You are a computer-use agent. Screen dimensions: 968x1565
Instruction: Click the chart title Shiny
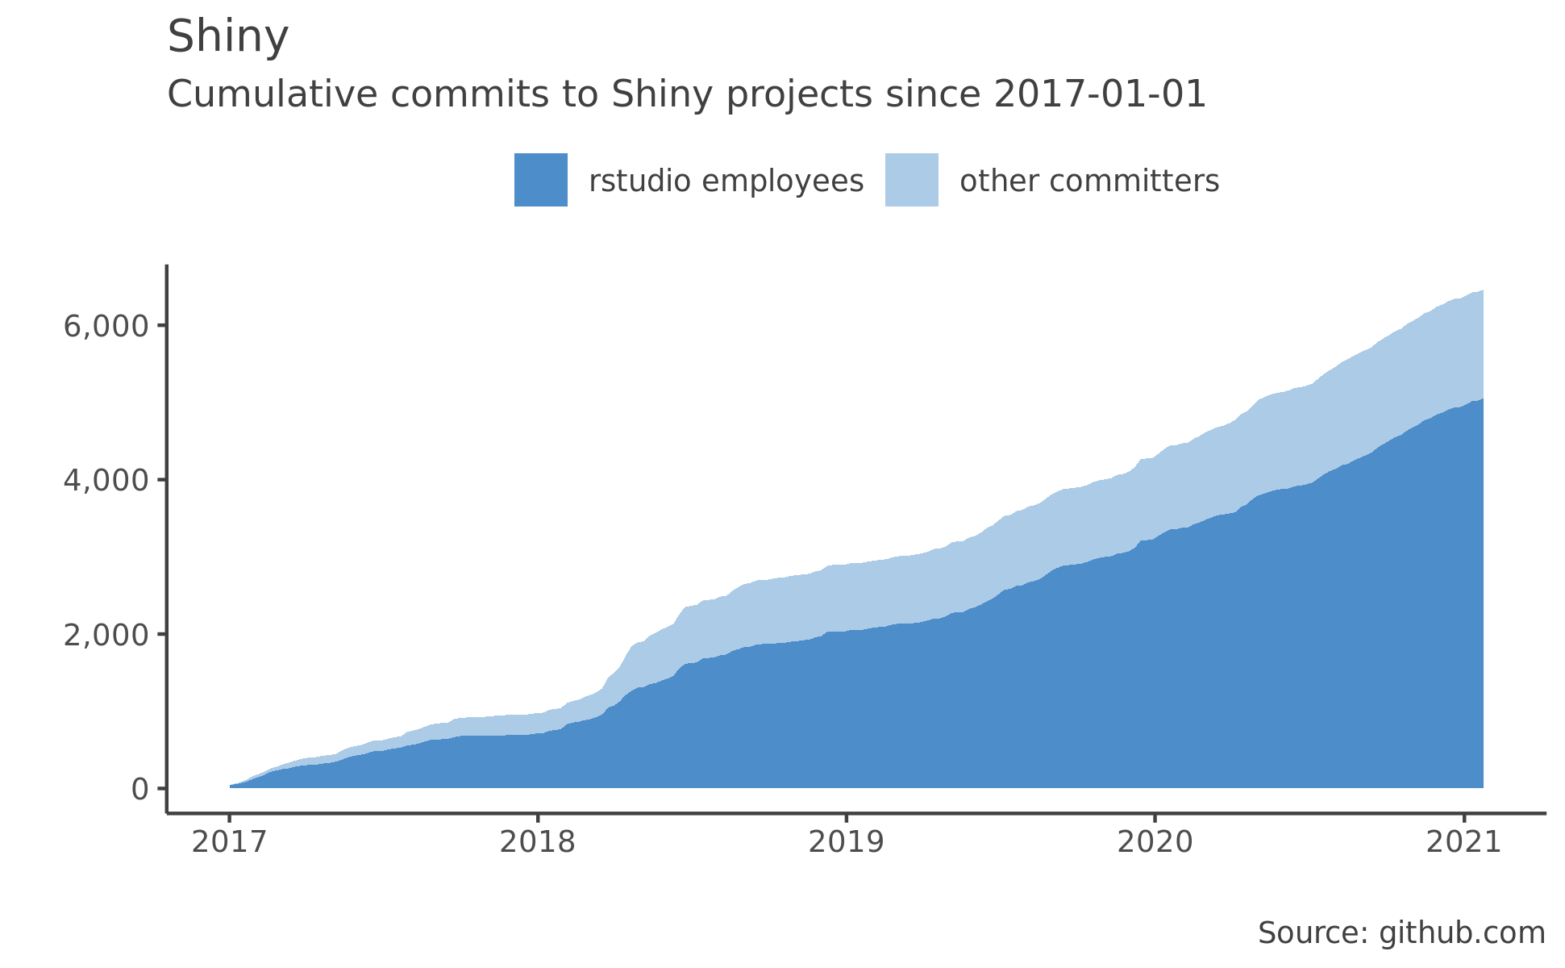(227, 38)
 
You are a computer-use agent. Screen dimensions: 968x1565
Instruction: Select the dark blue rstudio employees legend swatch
(540, 180)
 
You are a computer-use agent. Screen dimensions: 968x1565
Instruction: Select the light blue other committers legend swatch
(911, 180)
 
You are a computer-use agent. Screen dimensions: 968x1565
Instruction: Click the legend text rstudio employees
(726, 181)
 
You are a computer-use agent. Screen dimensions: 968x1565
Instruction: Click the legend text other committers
(1088, 181)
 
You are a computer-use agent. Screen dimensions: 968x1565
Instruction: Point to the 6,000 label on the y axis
(106, 326)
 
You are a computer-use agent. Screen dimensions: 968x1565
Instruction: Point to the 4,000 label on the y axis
(106, 481)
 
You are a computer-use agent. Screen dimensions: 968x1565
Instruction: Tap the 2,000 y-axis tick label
(106, 635)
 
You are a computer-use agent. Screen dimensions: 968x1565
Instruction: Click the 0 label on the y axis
(139, 789)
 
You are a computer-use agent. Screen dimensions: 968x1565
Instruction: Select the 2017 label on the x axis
(229, 843)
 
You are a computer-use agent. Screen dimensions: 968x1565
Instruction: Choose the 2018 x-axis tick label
(538, 843)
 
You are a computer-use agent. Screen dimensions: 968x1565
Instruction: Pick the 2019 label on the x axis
(846, 843)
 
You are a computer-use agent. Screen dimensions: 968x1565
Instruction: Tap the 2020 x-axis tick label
(1155, 843)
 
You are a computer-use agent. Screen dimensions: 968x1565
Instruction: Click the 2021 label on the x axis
(1463, 843)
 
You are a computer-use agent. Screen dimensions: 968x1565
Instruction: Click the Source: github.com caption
(1401, 933)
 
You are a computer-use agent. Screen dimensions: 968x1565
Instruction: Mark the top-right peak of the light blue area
(1481, 292)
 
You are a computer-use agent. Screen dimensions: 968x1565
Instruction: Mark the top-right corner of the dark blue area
(1481, 400)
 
